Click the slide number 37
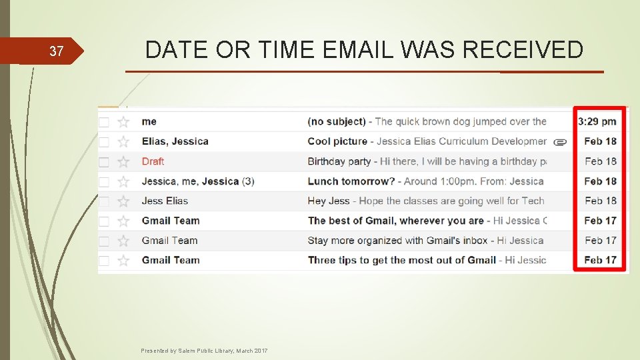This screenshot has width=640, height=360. point(57,51)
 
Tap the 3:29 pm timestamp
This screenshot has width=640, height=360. point(597,121)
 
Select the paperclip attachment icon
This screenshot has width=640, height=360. point(561,141)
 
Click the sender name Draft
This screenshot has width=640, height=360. point(153,161)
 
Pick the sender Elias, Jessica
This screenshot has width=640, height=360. point(175,141)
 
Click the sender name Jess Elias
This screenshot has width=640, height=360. point(165,201)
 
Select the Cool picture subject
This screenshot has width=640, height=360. point(337,141)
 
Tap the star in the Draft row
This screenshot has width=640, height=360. point(123,161)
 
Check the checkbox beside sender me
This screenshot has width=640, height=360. point(104,122)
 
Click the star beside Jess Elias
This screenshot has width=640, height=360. point(123,201)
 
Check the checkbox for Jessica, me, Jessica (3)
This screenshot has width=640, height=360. point(104,181)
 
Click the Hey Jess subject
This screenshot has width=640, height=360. point(329,201)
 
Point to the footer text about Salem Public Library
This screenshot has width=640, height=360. point(205,351)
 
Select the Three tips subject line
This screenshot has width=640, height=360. point(401,260)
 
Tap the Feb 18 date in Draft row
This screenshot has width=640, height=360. point(600,161)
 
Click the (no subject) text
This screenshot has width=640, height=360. point(337,121)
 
